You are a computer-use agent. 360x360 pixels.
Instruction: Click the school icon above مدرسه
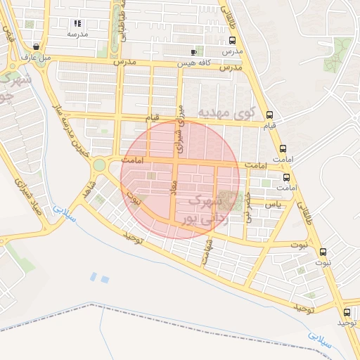pyautogui.click(x=77, y=24)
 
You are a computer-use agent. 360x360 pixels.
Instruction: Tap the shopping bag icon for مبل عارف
pyautogui.click(x=35, y=46)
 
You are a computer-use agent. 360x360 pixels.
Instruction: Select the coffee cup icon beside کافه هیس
pyautogui.click(x=194, y=52)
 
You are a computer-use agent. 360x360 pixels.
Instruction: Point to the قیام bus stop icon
pyautogui.click(x=270, y=115)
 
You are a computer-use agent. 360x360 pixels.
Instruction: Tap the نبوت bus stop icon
pyautogui.click(x=323, y=252)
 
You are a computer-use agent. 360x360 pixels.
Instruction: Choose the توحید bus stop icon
pyautogui.click(x=347, y=312)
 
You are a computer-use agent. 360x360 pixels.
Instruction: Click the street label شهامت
pyautogui.click(x=207, y=254)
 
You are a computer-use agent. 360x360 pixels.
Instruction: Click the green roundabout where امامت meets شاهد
pyautogui.click(x=99, y=165)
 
